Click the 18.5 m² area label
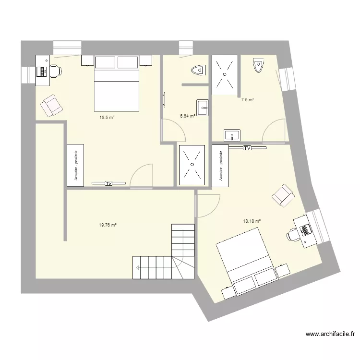[x=107, y=117]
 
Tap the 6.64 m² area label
[x=187, y=116]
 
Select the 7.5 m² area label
[x=248, y=100]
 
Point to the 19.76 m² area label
[x=108, y=224]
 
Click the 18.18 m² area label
[x=252, y=221]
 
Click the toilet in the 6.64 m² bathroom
[x=197, y=71]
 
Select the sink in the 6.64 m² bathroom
[x=202, y=108]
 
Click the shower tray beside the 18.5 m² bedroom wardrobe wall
[x=192, y=165]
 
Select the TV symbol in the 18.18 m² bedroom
[x=247, y=148]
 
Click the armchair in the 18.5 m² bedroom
[x=51, y=106]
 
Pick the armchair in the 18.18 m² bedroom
[x=283, y=195]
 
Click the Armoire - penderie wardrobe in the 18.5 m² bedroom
[x=75, y=165]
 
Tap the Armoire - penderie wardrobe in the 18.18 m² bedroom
[x=221, y=165]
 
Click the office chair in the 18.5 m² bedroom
[x=56, y=71]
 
